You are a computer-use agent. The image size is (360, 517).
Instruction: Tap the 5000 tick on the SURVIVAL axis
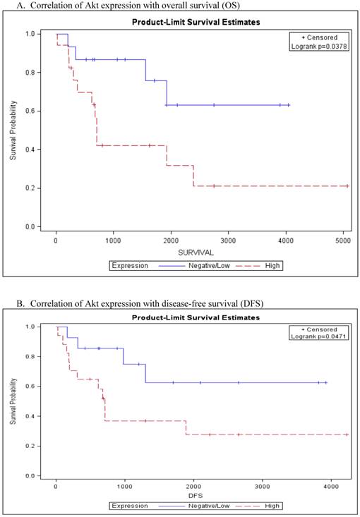click(x=342, y=241)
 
